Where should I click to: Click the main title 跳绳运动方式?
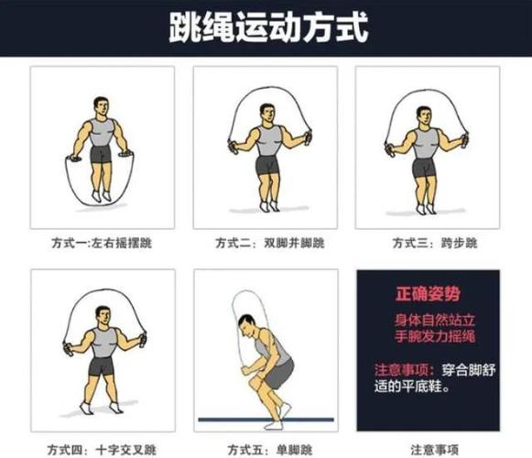267,27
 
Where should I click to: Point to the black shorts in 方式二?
266,166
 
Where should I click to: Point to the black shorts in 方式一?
102,154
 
